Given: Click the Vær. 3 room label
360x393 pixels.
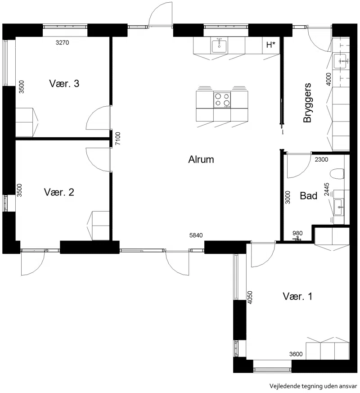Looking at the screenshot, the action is coord(64,83).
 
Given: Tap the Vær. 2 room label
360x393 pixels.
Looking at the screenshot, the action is coord(59,192).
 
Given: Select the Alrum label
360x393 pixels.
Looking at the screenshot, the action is coord(201,159).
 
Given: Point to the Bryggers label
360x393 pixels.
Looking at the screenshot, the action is coord(307,103).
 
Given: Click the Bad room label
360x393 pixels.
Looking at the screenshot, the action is coord(309,195).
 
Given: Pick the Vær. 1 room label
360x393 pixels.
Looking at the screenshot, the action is coord(297,296).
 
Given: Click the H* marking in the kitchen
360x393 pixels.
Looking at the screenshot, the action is coord(271,45).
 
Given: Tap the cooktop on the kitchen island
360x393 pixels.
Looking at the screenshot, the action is coord(222,99).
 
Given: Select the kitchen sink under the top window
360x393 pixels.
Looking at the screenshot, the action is coord(219,46).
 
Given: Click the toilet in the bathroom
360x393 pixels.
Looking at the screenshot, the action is coord(337,174).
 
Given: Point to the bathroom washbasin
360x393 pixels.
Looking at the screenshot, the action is coord(339,207).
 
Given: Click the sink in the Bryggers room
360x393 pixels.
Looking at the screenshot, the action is coord(340,61).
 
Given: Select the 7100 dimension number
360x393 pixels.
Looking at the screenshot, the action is coord(118,138).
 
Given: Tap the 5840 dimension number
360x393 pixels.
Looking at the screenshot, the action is coord(196,235).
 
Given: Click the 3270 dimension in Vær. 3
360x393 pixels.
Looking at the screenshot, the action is coord(62,42).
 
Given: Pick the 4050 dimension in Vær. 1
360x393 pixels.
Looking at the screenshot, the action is coord(249,298).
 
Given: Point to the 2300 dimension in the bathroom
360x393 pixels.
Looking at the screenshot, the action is coord(321,159).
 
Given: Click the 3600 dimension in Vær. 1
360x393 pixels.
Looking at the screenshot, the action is coord(296,354).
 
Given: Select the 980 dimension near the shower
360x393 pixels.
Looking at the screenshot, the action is coord(297,233).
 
